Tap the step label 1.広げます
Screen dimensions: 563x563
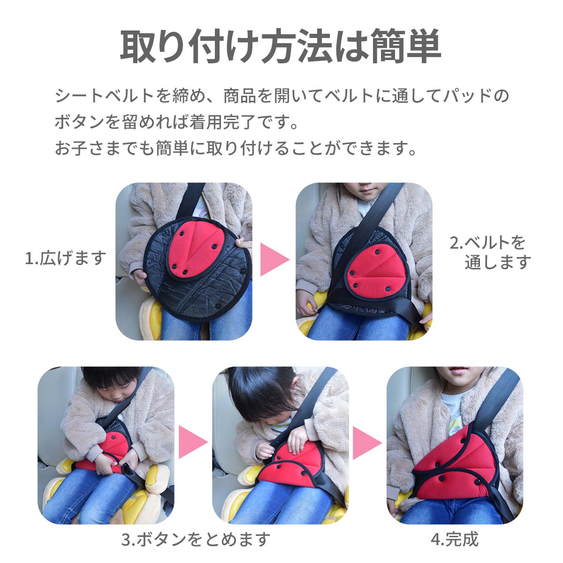point(66,258)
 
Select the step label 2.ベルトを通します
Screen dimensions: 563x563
point(490,252)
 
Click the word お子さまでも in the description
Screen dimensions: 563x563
point(104,148)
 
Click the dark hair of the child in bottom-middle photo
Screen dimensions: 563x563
point(257,391)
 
